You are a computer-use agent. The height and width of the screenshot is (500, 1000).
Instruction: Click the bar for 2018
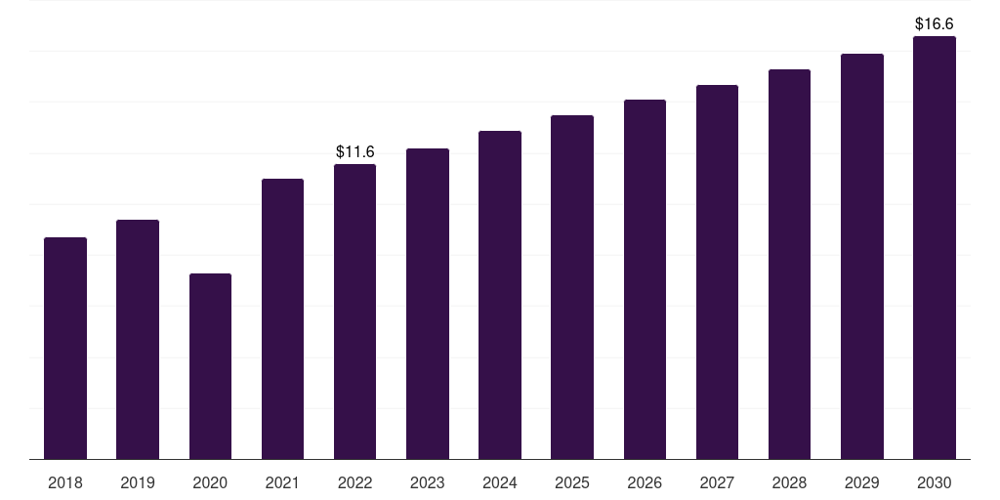pyautogui.click(x=65, y=348)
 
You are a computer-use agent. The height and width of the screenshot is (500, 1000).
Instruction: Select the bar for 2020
pyautogui.click(x=210, y=366)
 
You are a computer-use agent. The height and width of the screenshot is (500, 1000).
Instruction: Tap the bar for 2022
pyautogui.click(x=354, y=312)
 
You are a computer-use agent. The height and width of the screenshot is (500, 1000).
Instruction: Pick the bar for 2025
pyautogui.click(x=572, y=287)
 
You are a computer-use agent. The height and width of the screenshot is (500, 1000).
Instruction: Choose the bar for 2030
pyautogui.click(x=935, y=248)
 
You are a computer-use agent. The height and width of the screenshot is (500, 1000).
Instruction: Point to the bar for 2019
pyautogui.click(x=138, y=339)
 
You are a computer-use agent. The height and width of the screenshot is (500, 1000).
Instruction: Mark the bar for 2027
pyautogui.click(x=717, y=272)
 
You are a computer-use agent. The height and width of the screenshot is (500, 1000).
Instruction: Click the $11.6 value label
pyautogui.click(x=355, y=151)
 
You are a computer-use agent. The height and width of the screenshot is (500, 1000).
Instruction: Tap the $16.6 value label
pyautogui.click(x=935, y=22)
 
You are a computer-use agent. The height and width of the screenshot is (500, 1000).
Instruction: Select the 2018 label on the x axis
pyautogui.click(x=65, y=482)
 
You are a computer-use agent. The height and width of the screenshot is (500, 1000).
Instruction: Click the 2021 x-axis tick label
pyautogui.click(x=282, y=482)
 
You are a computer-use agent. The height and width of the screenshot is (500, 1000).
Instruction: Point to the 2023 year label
pyautogui.click(x=428, y=482)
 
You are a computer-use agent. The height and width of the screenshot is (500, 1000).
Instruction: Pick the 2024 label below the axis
pyautogui.click(x=500, y=482)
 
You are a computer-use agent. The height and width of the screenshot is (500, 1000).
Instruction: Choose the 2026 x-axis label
pyautogui.click(x=645, y=482)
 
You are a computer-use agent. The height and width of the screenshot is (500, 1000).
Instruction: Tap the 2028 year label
pyautogui.click(x=789, y=482)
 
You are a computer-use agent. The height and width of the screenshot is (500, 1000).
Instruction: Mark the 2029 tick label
pyautogui.click(x=862, y=482)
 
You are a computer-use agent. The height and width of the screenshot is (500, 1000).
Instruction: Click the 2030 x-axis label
pyautogui.click(x=935, y=482)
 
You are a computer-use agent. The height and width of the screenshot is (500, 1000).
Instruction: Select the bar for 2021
pyautogui.click(x=282, y=318)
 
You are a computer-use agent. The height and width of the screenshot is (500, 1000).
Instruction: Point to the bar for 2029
pyautogui.click(x=862, y=256)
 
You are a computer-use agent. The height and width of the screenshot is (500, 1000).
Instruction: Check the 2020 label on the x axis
pyautogui.click(x=210, y=482)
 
